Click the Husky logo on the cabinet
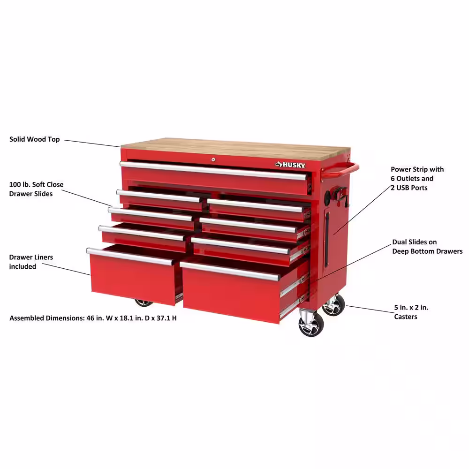click(290, 165)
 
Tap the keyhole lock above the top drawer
click(213, 160)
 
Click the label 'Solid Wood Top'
click(34, 139)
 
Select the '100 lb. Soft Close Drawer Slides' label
click(36, 189)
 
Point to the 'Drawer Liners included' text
click(31, 262)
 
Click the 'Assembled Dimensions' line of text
click(93, 318)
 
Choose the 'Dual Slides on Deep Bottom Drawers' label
click(427, 247)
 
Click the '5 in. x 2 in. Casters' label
click(411, 312)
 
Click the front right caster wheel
click(311, 325)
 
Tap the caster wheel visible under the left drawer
click(144, 303)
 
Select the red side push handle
click(340, 170)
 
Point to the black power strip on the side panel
click(327, 240)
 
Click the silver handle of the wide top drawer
click(213, 171)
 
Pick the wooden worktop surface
click(235, 149)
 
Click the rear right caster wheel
click(334, 306)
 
